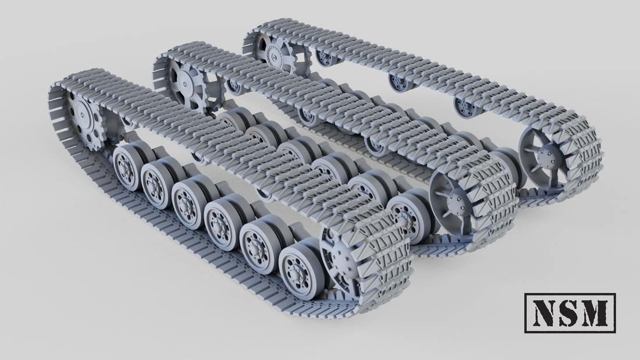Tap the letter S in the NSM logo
click(x=570, y=312)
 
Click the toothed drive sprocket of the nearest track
click(x=84, y=119)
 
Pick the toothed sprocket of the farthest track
click(x=274, y=51)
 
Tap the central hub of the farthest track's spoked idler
click(x=546, y=154)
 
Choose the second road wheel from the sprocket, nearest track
click(x=157, y=184)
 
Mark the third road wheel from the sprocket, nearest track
click(x=188, y=203)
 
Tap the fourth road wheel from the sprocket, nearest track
click(x=220, y=222)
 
